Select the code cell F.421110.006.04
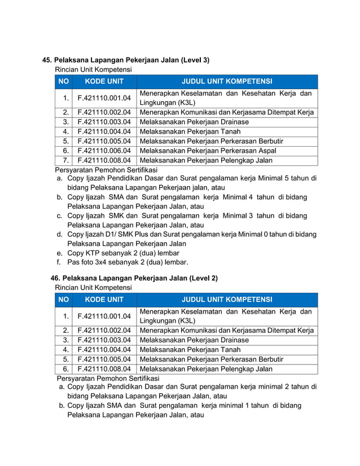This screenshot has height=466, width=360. (x=104, y=151)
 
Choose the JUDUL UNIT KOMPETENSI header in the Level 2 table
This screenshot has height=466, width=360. (x=226, y=300)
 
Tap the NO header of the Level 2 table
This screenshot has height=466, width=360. (x=64, y=300)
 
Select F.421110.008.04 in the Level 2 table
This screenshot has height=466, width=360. (x=104, y=369)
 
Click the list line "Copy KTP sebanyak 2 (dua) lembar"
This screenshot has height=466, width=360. (x=123, y=253)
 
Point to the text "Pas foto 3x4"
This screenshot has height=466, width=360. (x=90, y=262)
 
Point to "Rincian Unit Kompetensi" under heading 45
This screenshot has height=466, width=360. (x=93, y=69)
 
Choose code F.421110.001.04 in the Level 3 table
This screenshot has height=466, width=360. (x=104, y=98)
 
